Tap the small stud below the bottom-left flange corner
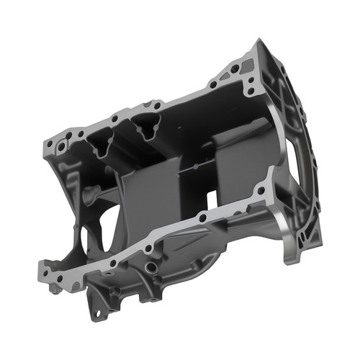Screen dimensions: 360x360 tap(54, 289)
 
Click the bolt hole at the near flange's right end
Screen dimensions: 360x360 tap(261, 192)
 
